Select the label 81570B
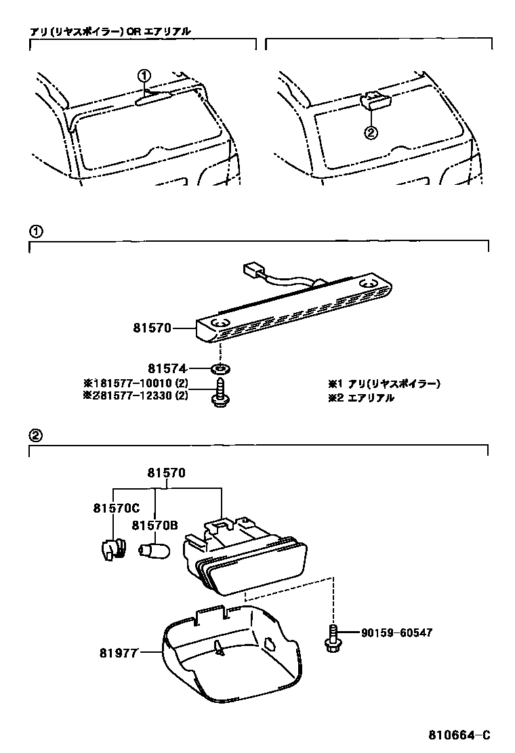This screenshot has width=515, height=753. click(x=155, y=525)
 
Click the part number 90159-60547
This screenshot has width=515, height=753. click(x=396, y=632)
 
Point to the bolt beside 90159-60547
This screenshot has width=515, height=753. click(x=331, y=639)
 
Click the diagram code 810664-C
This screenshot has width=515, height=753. click(x=458, y=735)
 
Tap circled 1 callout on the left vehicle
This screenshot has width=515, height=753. click(x=144, y=76)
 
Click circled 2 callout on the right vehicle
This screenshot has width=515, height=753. click(x=370, y=133)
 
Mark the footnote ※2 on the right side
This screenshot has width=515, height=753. click(x=360, y=398)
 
